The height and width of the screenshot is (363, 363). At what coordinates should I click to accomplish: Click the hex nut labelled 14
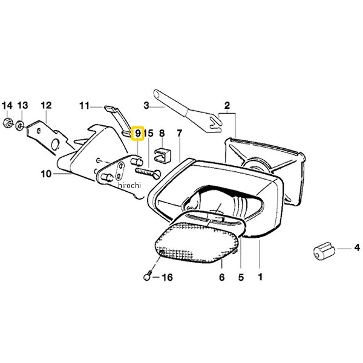7,123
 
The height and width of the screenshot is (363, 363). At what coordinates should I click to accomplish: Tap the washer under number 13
20,125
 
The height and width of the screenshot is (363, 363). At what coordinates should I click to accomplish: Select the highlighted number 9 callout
138,133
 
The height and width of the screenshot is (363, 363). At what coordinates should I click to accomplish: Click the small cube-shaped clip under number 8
162,154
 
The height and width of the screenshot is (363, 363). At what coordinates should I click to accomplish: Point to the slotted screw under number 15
148,172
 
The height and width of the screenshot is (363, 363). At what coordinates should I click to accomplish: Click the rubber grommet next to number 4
324,252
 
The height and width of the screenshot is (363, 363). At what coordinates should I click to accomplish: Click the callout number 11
84,106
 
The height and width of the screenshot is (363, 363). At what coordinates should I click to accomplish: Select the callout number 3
146,105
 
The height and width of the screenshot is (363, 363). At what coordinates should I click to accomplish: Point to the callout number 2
227,105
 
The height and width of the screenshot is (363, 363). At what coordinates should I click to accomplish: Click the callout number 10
46,174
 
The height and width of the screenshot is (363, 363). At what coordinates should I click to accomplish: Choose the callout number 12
46,105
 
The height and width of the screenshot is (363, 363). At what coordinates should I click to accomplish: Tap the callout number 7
180,133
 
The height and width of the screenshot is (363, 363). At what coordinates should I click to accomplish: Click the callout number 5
241,277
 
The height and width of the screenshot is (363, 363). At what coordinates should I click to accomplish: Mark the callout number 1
260,277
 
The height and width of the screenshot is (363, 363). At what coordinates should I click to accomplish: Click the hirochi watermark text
129,185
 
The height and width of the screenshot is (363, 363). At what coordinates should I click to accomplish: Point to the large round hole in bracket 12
55,144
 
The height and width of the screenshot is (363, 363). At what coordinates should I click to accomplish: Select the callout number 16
167,277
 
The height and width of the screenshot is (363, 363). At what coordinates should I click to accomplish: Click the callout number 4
357,247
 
